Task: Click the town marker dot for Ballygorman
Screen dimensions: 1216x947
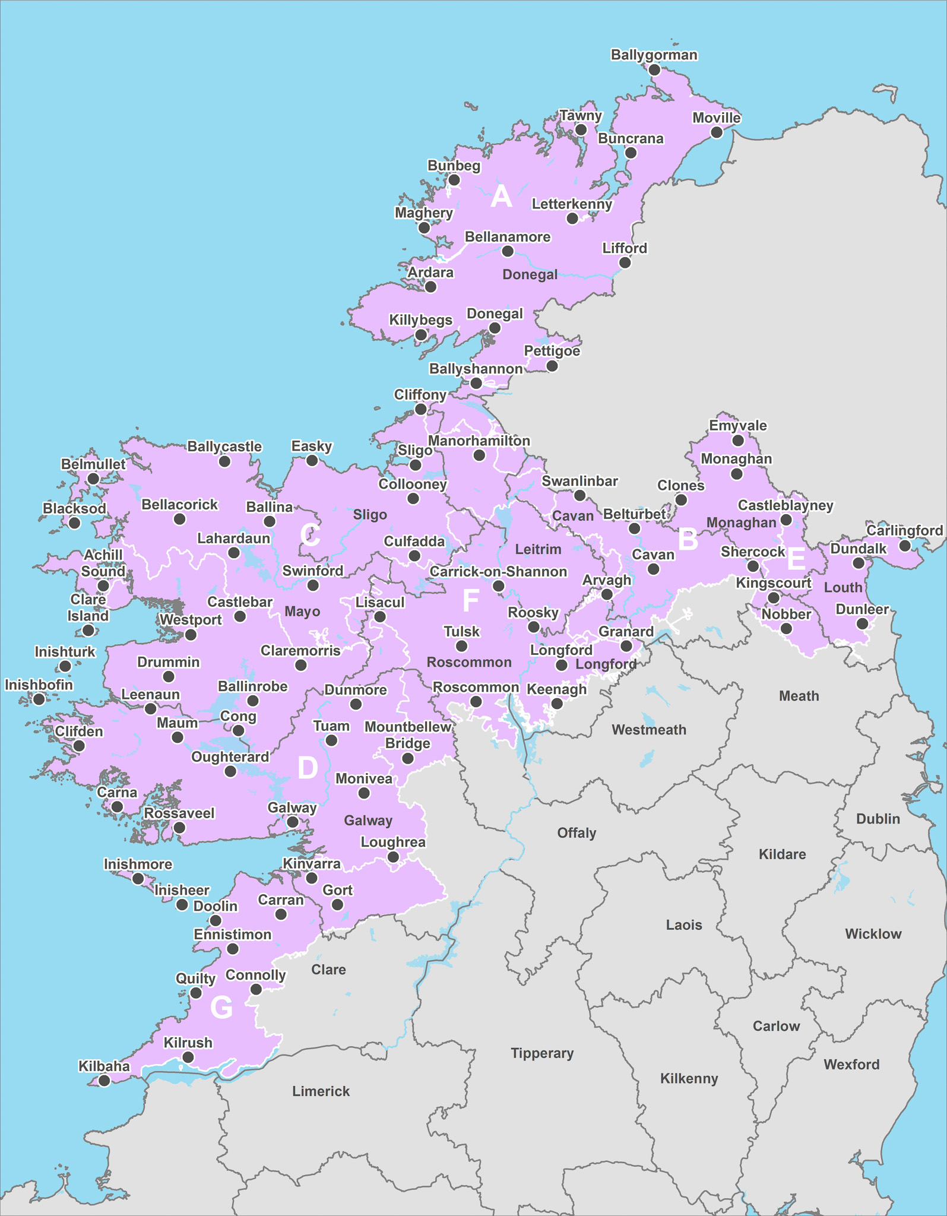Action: [x=654, y=70]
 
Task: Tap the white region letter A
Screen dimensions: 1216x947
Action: [x=501, y=196]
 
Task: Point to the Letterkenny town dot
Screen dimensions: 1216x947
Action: [x=572, y=218]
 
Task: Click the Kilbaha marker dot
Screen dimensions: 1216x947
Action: [x=104, y=1081]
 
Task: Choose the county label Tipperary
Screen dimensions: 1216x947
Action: [x=542, y=1053]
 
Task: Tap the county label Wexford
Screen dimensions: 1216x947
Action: [x=851, y=1065]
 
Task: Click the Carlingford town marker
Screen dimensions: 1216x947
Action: [x=904, y=545]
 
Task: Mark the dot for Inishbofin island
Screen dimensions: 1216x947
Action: [x=39, y=699]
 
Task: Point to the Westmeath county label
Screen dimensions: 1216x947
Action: [x=648, y=730]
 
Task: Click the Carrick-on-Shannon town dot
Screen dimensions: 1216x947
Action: [x=499, y=587]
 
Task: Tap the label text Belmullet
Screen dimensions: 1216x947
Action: [x=93, y=464]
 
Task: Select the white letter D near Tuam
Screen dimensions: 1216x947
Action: [x=308, y=768]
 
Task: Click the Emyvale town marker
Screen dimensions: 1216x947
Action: [x=738, y=441]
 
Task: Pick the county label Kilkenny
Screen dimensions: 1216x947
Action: [x=689, y=1078]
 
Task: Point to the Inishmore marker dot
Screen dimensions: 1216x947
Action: [x=138, y=879]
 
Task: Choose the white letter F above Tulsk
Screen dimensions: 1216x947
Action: [x=470, y=601]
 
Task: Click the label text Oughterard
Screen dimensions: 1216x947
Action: [x=230, y=757]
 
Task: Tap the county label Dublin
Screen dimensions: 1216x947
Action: [x=878, y=819]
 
